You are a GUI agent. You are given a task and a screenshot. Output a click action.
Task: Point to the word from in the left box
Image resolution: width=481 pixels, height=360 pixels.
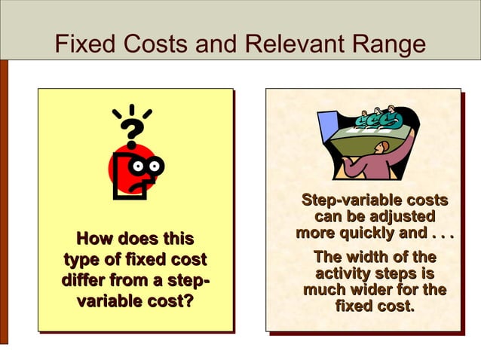pyautogui.click(x=146, y=282)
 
